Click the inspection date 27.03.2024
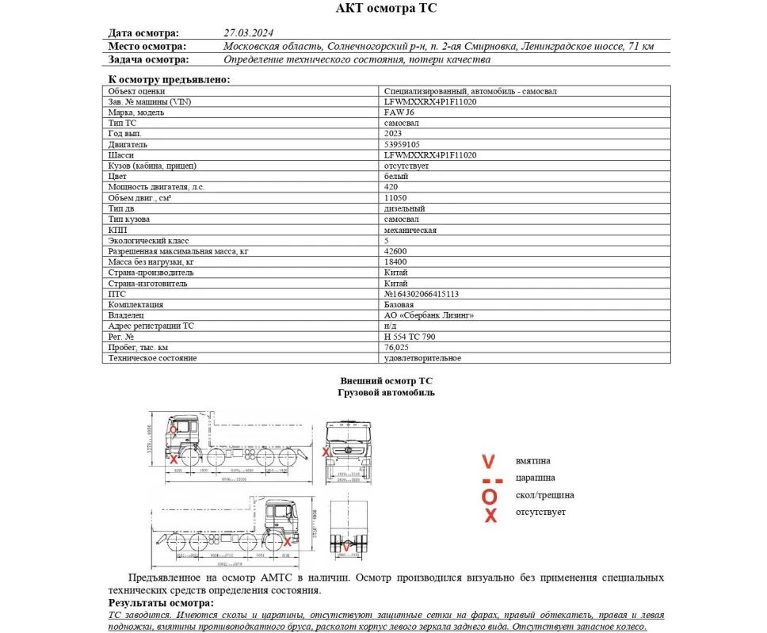(x=249, y=33)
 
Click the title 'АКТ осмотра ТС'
(x=386, y=9)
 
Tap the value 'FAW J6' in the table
(x=399, y=112)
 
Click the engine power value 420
(x=390, y=187)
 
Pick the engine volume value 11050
(x=395, y=198)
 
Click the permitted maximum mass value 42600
(x=395, y=251)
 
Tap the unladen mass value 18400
(x=395, y=261)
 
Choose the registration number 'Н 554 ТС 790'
(x=409, y=337)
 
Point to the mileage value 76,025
(x=396, y=348)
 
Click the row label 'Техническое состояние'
(x=152, y=358)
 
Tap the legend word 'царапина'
(x=535, y=478)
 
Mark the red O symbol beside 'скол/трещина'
(x=490, y=496)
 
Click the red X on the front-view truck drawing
(x=326, y=452)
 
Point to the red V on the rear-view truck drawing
(x=346, y=546)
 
